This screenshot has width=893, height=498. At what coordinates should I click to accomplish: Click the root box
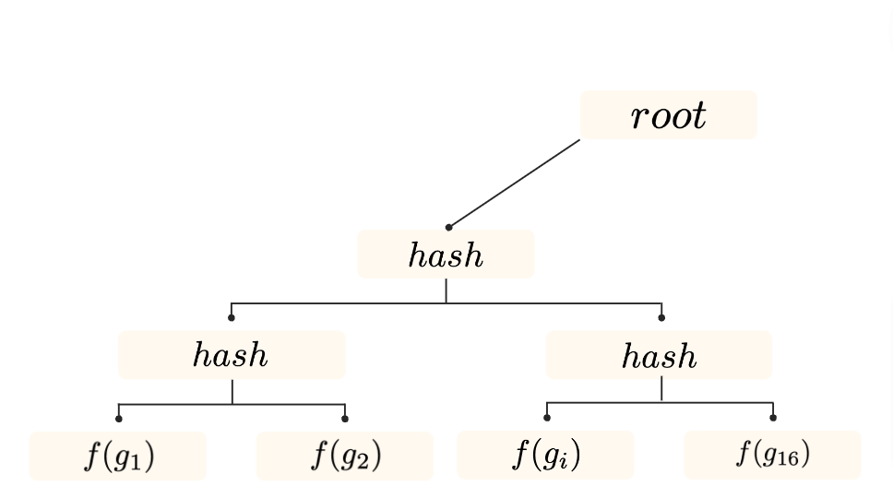[x=668, y=115]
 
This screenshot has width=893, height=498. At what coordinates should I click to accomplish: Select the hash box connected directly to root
[x=446, y=255]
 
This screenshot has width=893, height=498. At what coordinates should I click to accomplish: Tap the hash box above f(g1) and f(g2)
[x=232, y=355]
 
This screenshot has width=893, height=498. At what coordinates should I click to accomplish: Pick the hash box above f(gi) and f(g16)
[x=659, y=355]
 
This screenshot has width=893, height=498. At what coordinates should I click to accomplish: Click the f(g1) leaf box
[x=118, y=456]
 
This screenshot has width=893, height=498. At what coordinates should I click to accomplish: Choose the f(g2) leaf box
[x=345, y=456]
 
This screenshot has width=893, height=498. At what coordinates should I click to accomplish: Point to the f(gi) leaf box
[x=546, y=455]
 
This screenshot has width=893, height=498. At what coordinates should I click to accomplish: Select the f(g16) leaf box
[x=772, y=455]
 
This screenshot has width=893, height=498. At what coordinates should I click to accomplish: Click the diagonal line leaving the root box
[x=515, y=183]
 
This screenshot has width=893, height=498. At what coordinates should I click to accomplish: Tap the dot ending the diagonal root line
[x=449, y=227]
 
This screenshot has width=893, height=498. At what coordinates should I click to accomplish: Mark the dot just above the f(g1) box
[x=118, y=419]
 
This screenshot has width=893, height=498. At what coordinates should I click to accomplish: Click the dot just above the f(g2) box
[x=345, y=419]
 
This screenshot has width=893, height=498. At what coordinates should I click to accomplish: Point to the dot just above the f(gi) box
[x=546, y=418]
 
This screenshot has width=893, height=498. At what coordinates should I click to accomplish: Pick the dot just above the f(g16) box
[x=773, y=418]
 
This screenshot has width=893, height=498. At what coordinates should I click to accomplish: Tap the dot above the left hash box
[x=231, y=318]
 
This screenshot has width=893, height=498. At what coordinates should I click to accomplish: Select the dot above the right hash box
[x=661, y=318]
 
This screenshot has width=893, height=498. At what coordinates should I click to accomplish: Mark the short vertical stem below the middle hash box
[x=446, y=290]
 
